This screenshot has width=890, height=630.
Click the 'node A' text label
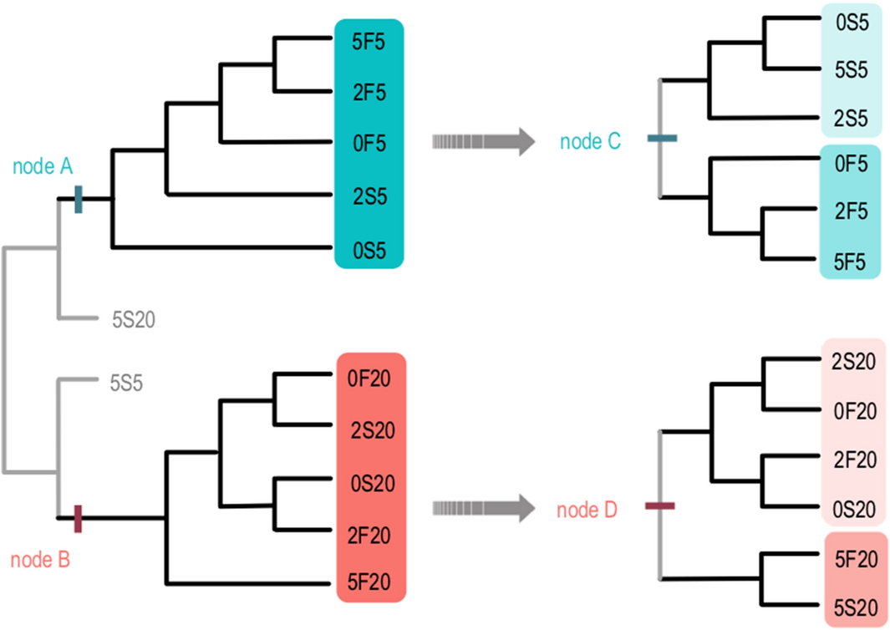(x=41, y=167)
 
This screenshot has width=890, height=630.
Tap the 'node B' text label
(x=40, y=559)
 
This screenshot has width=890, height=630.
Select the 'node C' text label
(x=590, y=142)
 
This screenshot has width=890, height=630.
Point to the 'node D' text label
(x=587, y=508)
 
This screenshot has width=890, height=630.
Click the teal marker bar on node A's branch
(x=79, y=199)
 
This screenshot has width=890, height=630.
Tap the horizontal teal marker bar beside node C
(x=663, y=139)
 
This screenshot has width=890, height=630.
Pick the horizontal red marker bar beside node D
(x=659, y=506)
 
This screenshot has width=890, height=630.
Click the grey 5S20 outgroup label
(x=135, y=318)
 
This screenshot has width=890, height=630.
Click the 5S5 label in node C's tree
(x=853, y=69)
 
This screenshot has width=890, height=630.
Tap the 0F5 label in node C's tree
(x=852, y=164)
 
